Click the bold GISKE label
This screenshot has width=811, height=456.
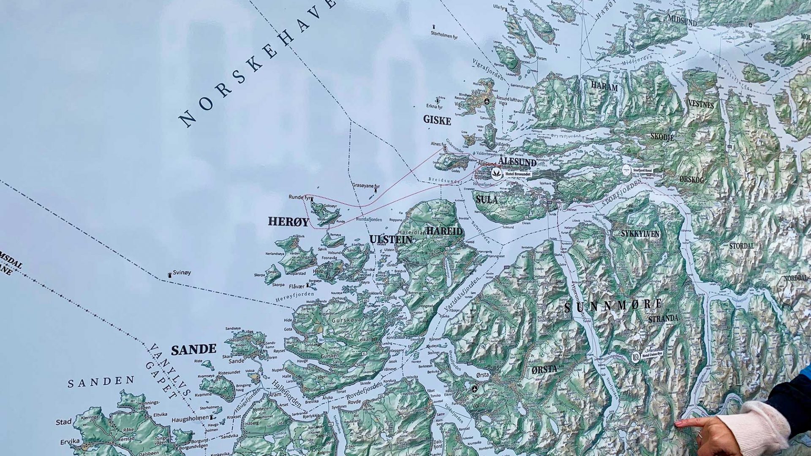point(437,121)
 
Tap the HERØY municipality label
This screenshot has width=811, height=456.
point(288,222)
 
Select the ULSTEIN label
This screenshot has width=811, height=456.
point(391,240)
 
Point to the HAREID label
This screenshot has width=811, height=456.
point(444,231)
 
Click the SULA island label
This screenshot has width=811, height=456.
point(487,199)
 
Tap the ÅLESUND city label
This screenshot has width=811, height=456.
point(517,162)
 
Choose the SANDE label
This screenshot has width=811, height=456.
point(193,350)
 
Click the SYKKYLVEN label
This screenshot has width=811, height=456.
point(640,233)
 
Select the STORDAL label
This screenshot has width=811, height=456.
point(741,246)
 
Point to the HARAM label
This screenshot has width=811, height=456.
point(604,87)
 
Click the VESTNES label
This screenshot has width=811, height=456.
point(701,104)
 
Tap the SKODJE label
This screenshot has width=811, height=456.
point(662,137)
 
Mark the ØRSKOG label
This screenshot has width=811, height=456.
point(692,180)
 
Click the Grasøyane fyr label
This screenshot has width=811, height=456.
point(366,186)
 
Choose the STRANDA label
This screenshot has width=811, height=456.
point(663,319)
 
